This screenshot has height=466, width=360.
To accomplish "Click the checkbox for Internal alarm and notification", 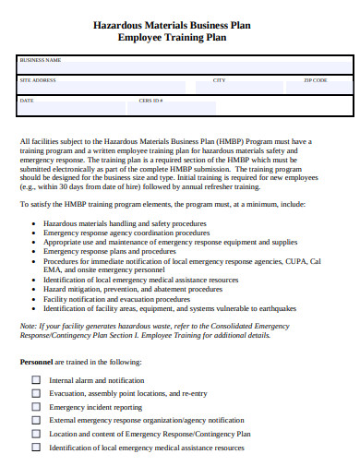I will click(36, 379).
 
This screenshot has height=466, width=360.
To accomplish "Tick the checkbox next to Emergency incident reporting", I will click(36, 406).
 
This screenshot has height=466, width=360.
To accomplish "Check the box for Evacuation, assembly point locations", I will click(36, 393).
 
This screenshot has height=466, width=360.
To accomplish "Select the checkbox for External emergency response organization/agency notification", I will click(36, 420).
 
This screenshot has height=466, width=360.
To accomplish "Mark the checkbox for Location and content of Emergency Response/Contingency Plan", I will click(36, 433).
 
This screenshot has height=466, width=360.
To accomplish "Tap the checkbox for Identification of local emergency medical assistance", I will click(36, 447).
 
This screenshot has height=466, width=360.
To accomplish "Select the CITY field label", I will click(220, 80).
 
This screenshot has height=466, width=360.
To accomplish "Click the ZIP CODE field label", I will click(316, 80).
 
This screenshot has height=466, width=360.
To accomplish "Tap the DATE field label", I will click(26, 100).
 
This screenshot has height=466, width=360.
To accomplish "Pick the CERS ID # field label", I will click(150, 100).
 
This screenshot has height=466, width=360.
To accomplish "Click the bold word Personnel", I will click(38, 362).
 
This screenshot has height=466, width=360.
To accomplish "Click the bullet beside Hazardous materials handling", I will click(35, 224).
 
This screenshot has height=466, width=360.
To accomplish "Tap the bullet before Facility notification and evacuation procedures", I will click(35, 299).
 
